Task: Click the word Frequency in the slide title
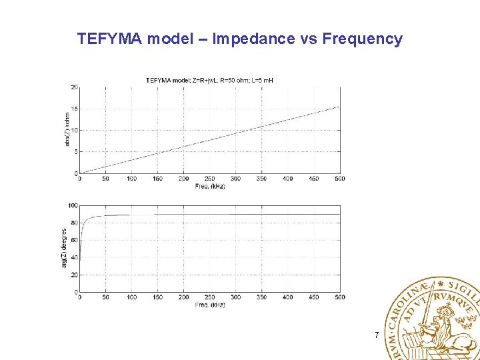362,39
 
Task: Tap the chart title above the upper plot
209,81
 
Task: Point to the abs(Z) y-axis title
67,130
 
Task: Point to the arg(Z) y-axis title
65,249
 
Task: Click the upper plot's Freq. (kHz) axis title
210,186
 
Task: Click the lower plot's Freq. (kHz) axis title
210,305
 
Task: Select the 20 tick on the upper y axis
75,87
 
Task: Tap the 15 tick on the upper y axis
75,109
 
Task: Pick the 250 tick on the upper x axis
210,179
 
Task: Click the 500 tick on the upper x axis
339,179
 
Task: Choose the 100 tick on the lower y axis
73,206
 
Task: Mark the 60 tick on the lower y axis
75,240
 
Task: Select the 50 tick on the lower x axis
106,297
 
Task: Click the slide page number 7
377,335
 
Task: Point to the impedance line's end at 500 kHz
339,107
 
